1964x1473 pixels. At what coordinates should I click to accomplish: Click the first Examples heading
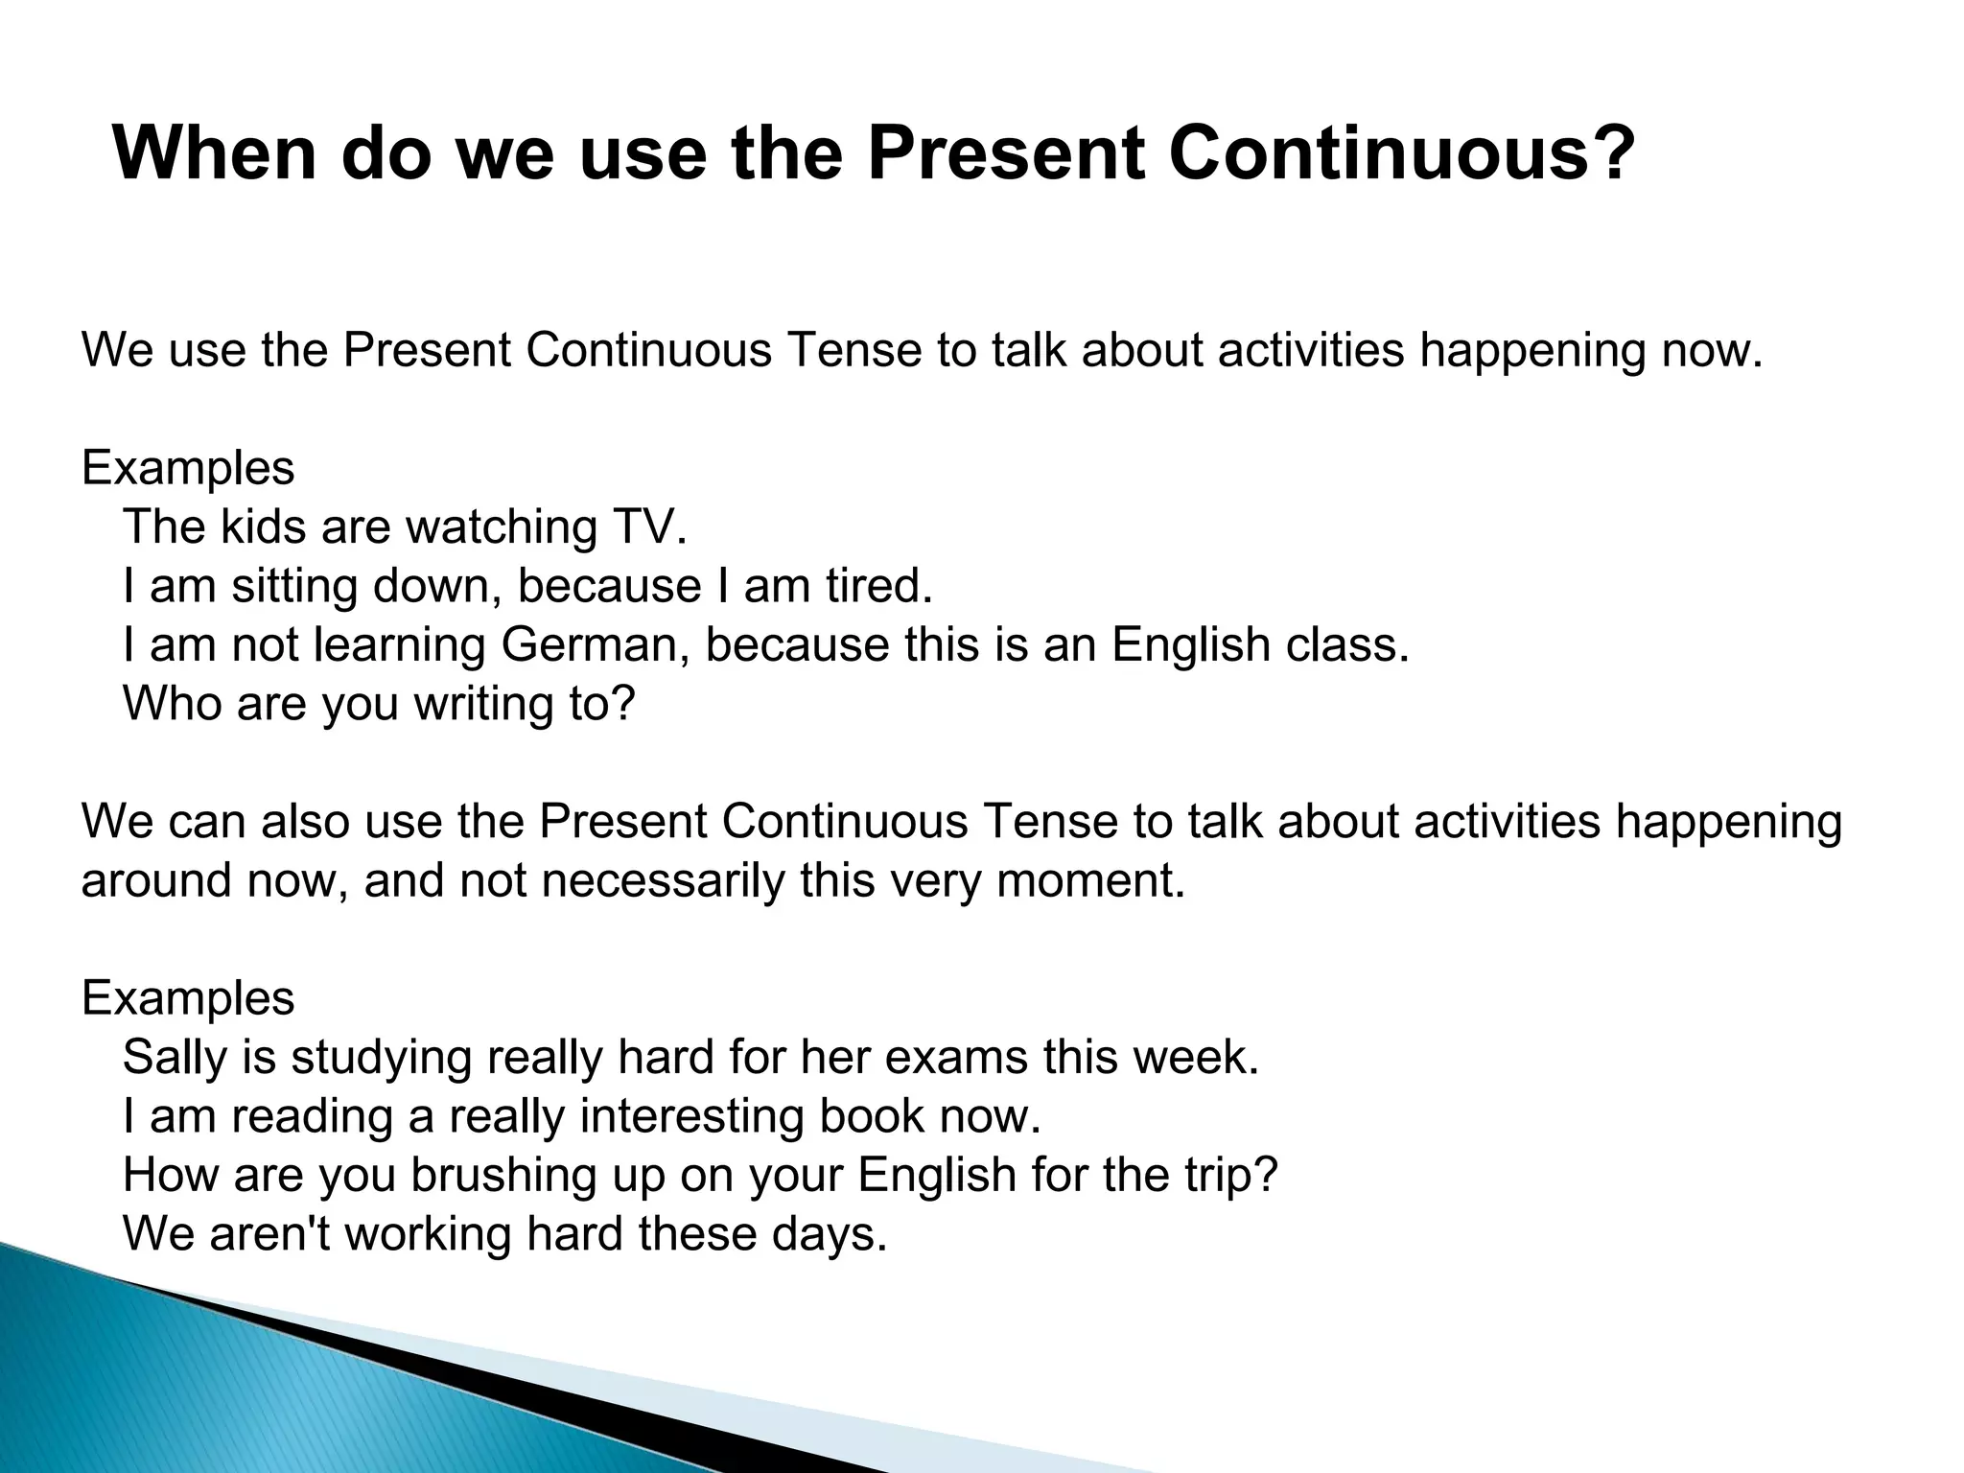click(188, 469)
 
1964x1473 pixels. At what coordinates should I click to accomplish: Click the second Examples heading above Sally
click(188, 998)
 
